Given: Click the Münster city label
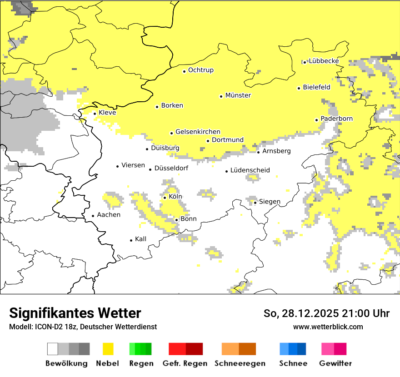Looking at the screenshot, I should pyautogui.click(x=238, y=95).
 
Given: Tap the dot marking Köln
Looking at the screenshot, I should pyautogui.click(x=165, y=198).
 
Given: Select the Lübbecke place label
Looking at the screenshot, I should pyautogui.click(x=324, y=61).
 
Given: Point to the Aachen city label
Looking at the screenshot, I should pyautogui.click(x=109, y=215).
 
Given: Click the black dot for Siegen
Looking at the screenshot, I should pyautogui.click(x=255, y=203).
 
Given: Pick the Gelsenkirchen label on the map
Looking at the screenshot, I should pyautogui.click(x=198, y=132).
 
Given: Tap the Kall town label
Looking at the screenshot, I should pyautogui.click(x=140, y=239).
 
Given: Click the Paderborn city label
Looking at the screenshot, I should pyautogui.click(x=336, y=119).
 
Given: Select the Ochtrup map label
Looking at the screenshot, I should pyautogui.click(x=200, y=70).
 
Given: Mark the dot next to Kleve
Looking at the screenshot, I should pyautogui.click(x=95, y=114).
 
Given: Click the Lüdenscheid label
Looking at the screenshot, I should pyautogui.click(x=250, y=170).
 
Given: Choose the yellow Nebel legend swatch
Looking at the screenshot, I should pyautogui.click(x=108, y=349).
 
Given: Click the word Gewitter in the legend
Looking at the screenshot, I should pyautogui.click(x=335, y=363).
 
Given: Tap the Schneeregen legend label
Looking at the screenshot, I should pyautogui.click(x=240, y=363).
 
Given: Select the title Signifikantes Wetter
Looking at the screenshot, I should pyautogui.click(x=75, y=313).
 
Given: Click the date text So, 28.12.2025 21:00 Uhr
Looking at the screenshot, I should pyautogui.click(x=326, y=313).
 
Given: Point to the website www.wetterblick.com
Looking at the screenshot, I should pyautogui.click(x=328, y=327).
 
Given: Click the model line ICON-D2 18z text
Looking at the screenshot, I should pyautogui.click(x=83, y=327).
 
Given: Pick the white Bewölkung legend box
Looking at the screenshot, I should pyautogui.click(x=52, y=349).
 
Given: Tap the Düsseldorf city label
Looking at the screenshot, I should pyautogui.click(x=171, y=169).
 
